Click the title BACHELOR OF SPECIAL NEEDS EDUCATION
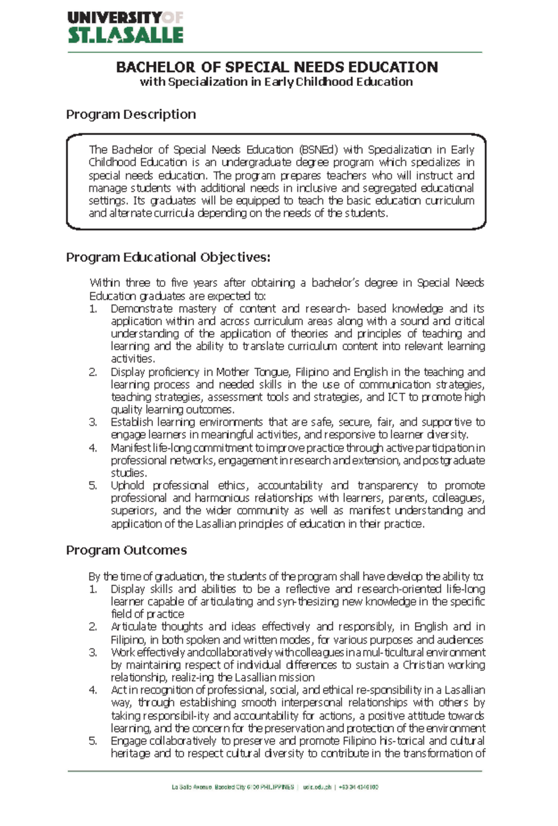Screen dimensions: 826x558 [x=277, y=67]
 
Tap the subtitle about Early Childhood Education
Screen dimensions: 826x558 [x=276, y=82]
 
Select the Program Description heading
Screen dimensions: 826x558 [x=131, y=114]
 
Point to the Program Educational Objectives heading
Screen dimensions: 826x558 [x=168, y=257]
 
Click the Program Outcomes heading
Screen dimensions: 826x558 [x=126, y=550]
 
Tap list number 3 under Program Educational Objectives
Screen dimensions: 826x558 [x=93, y=422]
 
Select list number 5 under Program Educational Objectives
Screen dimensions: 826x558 [x=93, y=486]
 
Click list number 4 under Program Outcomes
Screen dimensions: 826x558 [x=93, y=690]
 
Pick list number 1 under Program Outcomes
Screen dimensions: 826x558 [x=93, y=589]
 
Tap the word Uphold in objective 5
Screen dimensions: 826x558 [x=127, y=486]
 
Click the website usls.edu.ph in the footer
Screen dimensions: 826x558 [x=317, y=787]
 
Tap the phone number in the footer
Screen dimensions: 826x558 [x=359, y=787]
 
